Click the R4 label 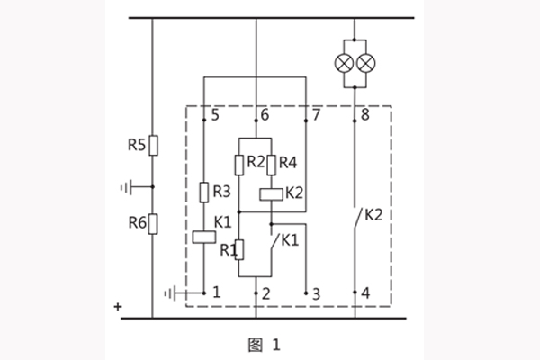[x=288, y=163]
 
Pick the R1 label [x=228, y=249]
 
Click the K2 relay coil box [x=271, y=193]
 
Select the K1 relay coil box [x=204, y=237]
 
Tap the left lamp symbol [x=345, y=64]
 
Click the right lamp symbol [x=365, y=64]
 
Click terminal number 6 [x=265, y=115]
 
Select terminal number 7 [x=315, y=115]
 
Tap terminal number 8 [x=364, y=115]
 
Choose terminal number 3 [x=315, y=293]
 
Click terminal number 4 [x=364, y=293]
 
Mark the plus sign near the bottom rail [x=117, y=306]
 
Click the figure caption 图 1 [x=270, y=343]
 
